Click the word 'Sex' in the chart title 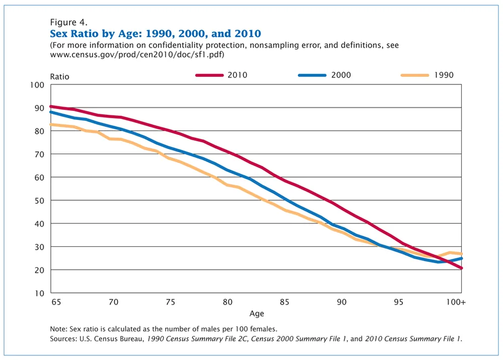point(59,34)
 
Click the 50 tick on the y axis point(40,200)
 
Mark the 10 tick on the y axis point(40,293)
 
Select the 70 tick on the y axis point(40,154)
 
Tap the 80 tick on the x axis point(227,302)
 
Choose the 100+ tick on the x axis point(457,302)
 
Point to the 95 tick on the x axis point(398,302)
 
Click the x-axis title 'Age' point(257,314)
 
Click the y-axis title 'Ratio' point(59,77)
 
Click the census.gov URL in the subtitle point(137,54)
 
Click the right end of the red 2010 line point(461,268)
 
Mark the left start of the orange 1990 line point(51,124)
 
